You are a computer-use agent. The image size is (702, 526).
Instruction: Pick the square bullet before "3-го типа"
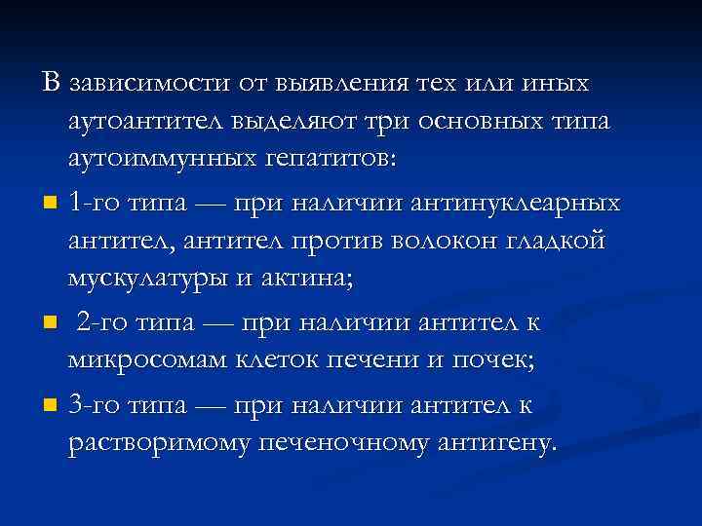[x=51, y=405]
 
